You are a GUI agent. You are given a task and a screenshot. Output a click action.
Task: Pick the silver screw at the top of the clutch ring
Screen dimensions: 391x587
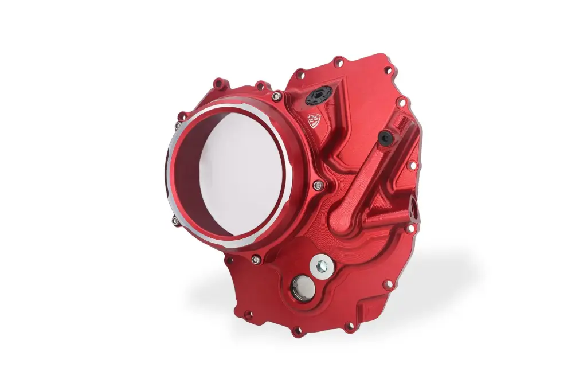[277, 95]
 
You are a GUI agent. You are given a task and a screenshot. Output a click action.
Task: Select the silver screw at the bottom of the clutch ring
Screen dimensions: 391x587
[256, 259]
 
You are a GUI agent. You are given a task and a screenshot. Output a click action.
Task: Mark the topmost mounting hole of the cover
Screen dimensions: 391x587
[339, 60]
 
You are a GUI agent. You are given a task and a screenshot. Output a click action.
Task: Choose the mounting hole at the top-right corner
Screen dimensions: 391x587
[388, 71]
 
